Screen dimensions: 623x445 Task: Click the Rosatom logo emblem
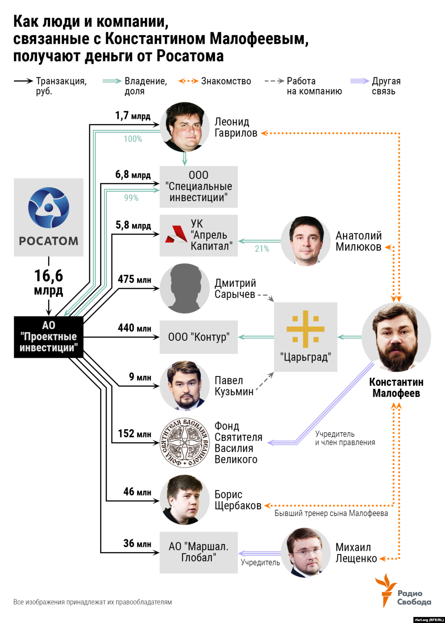[x=49, y=207]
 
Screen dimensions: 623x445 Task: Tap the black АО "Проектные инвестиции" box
[x=49, y=337]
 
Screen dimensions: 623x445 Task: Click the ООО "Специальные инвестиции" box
[x=198, y=187]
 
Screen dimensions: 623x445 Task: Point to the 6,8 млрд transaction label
[x=133, y=175]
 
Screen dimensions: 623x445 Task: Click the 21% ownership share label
[x=262, y=249]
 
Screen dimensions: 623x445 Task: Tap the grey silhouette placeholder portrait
[x=185, y=289]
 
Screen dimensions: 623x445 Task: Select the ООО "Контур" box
[x=198, y=337]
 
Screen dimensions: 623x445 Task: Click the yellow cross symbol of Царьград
[x=306, y=329]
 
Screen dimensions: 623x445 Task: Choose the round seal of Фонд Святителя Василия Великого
[x=185, y=442]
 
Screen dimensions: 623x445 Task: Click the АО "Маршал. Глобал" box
[x=198, y=552]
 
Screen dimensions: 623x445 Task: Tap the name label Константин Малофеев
[x=396, y=388]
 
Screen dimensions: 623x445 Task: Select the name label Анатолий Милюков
[x=358, y=241]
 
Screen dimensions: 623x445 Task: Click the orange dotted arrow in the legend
[x=188, y=81]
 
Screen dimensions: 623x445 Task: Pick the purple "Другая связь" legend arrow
[x=360, y=81]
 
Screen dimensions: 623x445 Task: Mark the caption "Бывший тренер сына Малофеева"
[x=331, y=513]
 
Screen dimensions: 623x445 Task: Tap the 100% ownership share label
[x=133, y=139]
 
